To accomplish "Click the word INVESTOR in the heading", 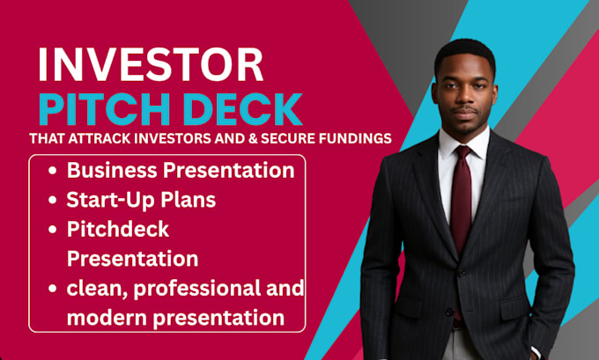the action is (x=151, y=64).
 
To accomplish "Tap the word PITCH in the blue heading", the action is (x=104, y=109).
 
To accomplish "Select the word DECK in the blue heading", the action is (x=242, y=109).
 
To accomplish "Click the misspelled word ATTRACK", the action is (x=100, y=138).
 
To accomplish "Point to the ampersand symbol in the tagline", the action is (x=253, y=138).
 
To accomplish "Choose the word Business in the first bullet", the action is (x=112, y=170).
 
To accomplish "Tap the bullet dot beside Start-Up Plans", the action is (x=52, y=200).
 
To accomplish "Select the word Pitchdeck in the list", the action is (x=118, y=230).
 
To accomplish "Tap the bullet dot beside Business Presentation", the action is (x=52, y=171).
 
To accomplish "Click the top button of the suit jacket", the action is (x=462, y=273).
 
